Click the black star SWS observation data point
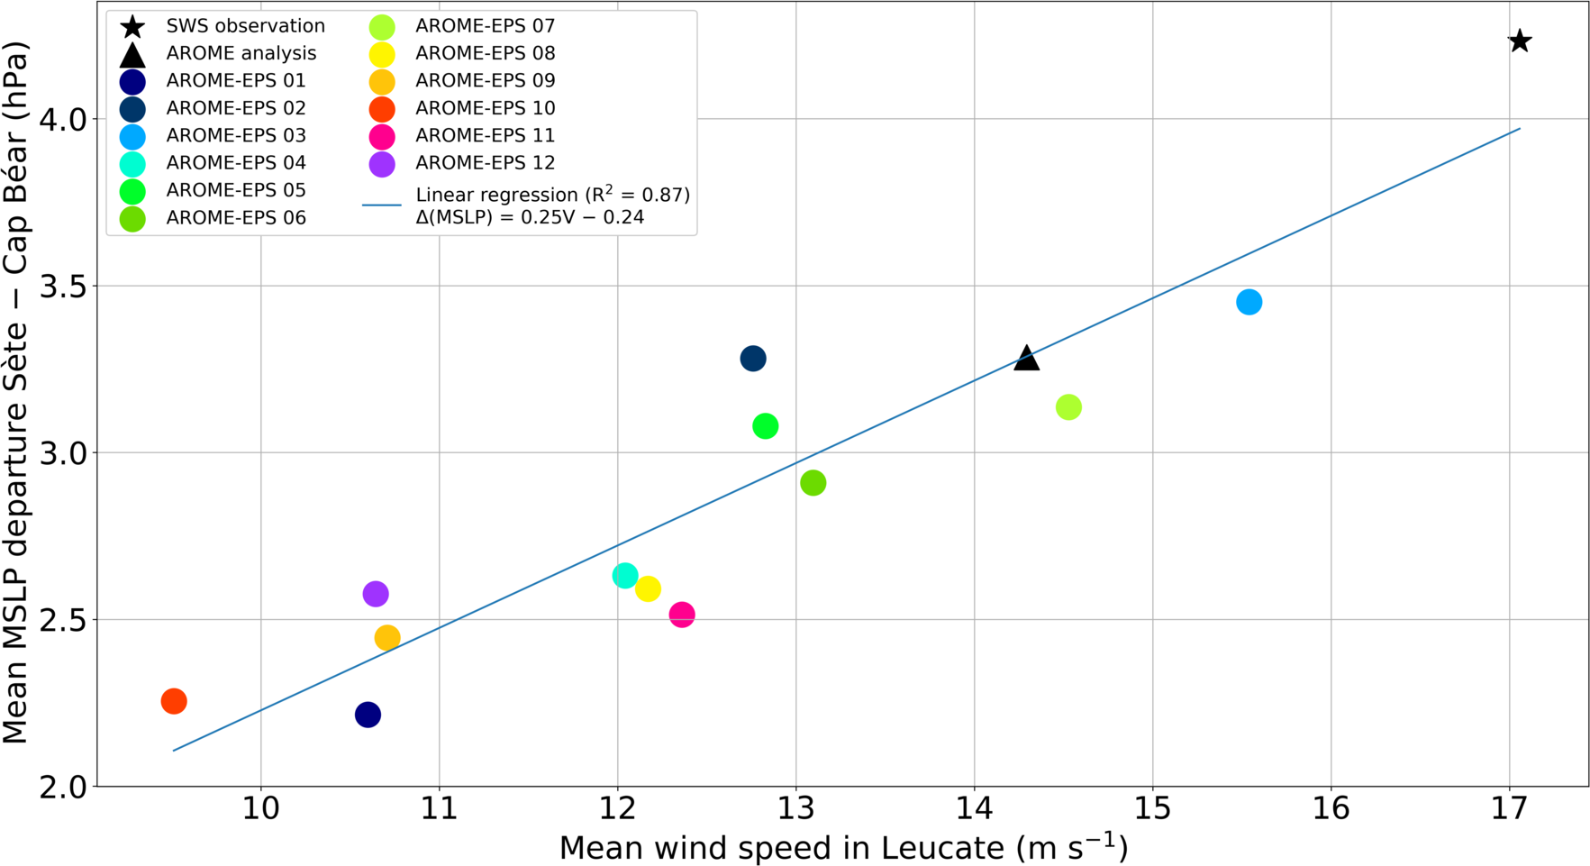click(1520, 41)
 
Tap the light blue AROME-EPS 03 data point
click(1249, 302)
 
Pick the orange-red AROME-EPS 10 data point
click(174, 701)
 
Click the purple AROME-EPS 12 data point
click(376, 594)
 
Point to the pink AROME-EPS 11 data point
click(682, 615)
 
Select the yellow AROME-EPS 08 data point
click(648, 589)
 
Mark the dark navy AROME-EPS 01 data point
click(368, 715)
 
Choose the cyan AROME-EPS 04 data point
click(625, 576)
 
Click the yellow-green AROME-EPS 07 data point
click(1068, 407)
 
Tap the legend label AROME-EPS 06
click(236, 218)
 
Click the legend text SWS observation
click(245, 26)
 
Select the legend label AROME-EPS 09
click(485, 81)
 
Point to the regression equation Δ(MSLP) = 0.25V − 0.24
click(530, 217)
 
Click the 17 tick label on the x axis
click(1510, 809)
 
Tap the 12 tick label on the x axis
click(618, 809)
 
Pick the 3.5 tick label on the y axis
click(63, 287)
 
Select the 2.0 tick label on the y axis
click(63, 787)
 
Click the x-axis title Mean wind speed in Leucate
click(843, 848)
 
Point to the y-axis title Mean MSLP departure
click(16, 393)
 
